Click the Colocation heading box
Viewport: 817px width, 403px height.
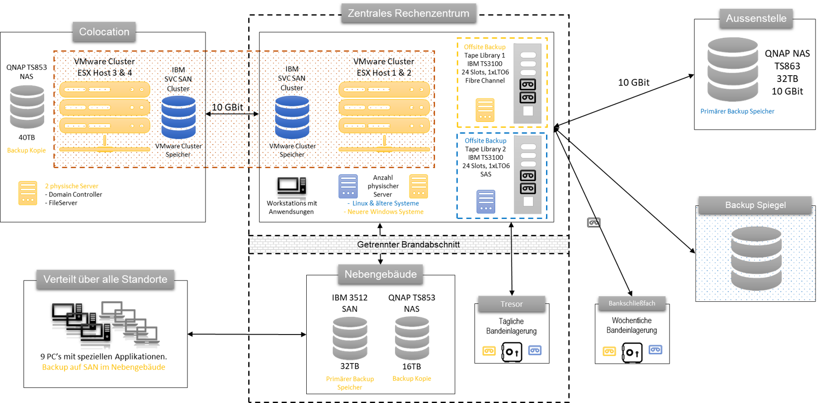104,32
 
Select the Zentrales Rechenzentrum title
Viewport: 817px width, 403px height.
408,13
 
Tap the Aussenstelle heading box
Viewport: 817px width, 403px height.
756,18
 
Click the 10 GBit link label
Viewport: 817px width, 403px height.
227,107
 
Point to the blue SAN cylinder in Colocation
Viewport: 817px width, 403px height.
179,117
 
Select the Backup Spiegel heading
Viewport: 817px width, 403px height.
755,205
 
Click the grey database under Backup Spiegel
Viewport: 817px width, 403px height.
756,258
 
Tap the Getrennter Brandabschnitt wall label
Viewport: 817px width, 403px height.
408,244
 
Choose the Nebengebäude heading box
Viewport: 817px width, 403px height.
380,274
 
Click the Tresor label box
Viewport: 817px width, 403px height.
511,304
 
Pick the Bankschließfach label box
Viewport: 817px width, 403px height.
632,303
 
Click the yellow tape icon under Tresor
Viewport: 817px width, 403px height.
489,351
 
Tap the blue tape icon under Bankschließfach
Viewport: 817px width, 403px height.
655,350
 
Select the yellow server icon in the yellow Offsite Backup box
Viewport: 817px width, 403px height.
485,110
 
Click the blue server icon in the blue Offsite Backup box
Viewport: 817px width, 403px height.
486,202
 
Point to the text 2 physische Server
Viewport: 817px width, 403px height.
72,186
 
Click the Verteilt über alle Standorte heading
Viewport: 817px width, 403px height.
105,280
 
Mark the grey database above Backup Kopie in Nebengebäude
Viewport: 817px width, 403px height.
412,338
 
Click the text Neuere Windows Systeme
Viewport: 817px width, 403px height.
385,212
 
